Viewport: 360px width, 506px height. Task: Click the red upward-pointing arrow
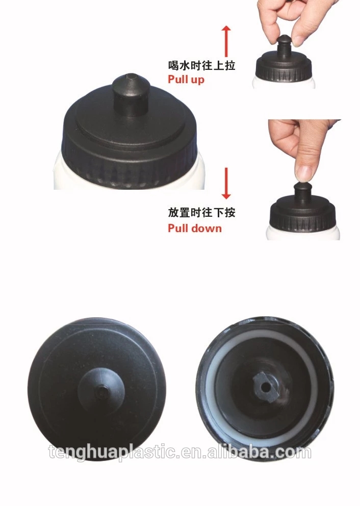(226, 41)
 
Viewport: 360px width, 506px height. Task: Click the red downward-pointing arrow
(226, 183)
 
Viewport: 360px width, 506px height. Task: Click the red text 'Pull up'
(186, 80)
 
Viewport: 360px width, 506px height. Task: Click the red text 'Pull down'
(195, 228)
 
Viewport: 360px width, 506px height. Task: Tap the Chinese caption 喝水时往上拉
(201, 65)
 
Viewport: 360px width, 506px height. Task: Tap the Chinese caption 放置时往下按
(201, 213)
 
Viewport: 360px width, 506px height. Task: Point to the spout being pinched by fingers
(284, 46)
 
